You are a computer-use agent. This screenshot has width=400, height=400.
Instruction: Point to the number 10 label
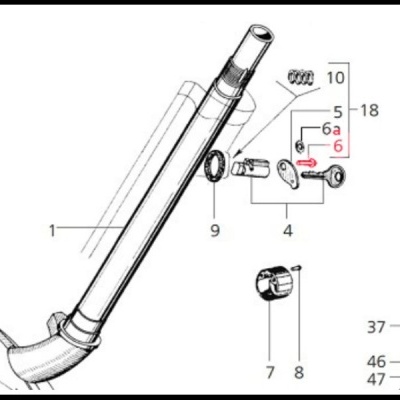[x=335, y=77]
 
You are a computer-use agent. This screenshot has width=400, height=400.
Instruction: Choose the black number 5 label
[x=337, y=110]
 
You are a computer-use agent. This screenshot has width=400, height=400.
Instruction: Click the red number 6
[x=338, y=146]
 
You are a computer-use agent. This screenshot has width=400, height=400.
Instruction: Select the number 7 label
[x=269, y=373]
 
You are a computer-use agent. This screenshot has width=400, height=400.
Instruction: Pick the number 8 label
[x=297, y=373]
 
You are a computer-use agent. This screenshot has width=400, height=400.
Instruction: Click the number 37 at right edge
[x=375, y=327]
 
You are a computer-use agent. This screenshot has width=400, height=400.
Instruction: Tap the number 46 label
[x=375, y=362]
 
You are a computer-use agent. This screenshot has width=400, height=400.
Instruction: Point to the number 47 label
[x=375, y=379]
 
